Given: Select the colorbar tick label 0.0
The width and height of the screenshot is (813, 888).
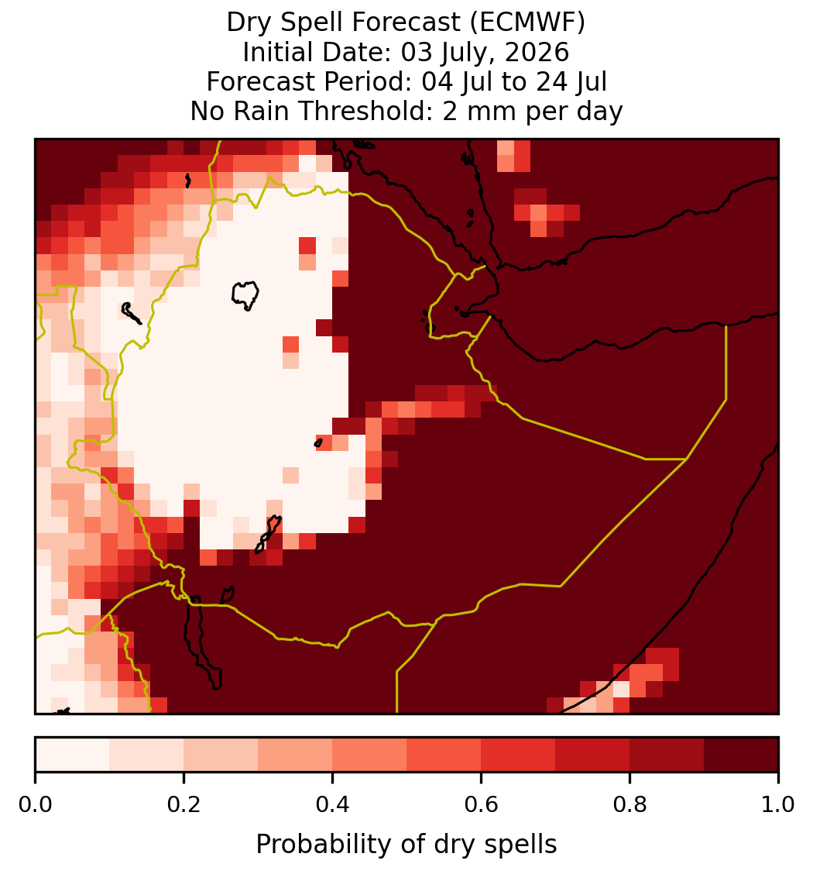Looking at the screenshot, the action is tap(35, 805).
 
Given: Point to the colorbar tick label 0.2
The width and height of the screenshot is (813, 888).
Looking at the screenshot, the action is tap(184, 805).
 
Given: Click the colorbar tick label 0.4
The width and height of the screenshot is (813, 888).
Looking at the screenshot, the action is tap(333, 805).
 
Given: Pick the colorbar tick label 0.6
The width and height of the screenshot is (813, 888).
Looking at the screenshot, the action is tap(481, 805).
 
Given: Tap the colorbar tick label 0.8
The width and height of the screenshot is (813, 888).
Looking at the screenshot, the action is tap(629, 805).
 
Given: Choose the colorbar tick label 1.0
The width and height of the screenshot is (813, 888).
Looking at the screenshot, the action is tap(778, 805).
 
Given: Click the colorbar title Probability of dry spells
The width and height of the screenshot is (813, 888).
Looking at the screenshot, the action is tap(406, 845).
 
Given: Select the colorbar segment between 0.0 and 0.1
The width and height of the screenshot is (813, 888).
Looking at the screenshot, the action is tap(73, 754).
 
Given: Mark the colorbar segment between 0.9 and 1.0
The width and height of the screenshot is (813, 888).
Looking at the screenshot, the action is tap(741, 754).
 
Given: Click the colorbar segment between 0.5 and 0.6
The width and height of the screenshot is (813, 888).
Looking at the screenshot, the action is tap(444, 754).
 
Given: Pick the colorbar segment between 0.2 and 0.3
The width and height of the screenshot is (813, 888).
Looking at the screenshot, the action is tap(221, 754).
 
